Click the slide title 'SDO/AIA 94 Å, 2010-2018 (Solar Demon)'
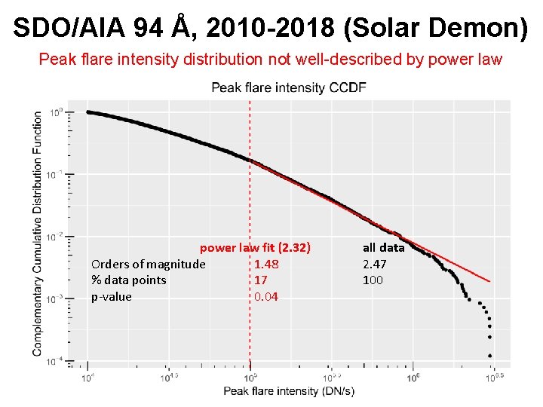tap(271, 28)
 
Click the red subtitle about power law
tap(270, 59)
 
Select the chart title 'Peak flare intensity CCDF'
tap(288, 87)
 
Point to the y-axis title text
tap(38, 234)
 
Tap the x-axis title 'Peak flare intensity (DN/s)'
tap(288, 390)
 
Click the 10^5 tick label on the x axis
tap(250, 377)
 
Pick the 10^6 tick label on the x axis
tap(414, 377)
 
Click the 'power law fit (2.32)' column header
tap(255, 247)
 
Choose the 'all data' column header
tap(383, 247)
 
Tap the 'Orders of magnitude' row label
tap(148, 264)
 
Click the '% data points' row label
tap(128, 280)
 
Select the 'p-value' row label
tap(111, 297)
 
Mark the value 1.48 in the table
tap(266, 264)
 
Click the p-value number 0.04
tap(266, 297)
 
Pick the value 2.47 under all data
tap(375, 264)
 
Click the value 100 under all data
tap(373, 280)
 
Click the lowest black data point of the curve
tap(490, 355)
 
